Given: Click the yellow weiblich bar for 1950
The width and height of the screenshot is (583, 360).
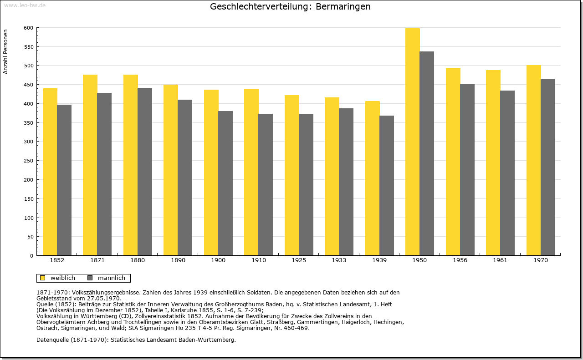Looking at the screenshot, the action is pyautogui.click(x=413, y=142).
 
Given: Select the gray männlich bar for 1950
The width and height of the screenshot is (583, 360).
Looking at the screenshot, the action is pyautogui.click(x=427, y=153).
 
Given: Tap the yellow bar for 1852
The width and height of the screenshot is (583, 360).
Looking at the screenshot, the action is pyautogui.click(x=50, y=172).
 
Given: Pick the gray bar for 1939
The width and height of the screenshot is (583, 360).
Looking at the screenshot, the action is pyautogui.click(x=387, y=186).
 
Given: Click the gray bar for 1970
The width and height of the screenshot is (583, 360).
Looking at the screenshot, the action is pyautogui.click(x=548, y=167).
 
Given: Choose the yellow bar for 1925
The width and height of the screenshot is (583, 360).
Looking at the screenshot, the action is pyautogui.click(x=292, y=175).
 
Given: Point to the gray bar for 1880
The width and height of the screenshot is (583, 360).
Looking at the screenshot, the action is pyautogui.click(x=145, y=172).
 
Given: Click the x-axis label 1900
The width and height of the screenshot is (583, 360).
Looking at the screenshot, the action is pyautogui.click(x=218, y=260).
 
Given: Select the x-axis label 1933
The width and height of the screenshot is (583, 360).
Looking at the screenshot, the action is pyautogui.click(x=339, y=260).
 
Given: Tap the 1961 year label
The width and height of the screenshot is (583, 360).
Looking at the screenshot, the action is pyautogui.click(x=500, y=260).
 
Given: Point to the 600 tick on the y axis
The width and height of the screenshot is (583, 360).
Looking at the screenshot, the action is pyautogui.click(x=29, y=28).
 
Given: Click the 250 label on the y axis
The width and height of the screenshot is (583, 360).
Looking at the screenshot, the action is pyautogui.click(x=29, y=161).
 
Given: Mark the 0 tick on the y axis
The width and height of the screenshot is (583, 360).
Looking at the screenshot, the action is pyautogui.click(x=31, y=256).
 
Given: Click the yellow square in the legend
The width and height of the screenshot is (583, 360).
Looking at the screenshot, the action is pyautogui.click(x=43, y=278).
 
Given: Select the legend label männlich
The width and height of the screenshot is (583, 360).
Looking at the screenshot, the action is pyautogui.click(x=112, y=278).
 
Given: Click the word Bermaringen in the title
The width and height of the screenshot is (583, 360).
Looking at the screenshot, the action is pyautogui.click(x=343, y=7).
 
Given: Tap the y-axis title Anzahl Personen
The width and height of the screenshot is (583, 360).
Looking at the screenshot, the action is pyautogui.click(x=5, y=52).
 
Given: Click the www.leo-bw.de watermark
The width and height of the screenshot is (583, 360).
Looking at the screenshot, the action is pyautogui.click(x=25, y=5).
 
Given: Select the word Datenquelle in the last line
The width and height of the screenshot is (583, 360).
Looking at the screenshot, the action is pyautogui.click(x=52, y=340).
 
